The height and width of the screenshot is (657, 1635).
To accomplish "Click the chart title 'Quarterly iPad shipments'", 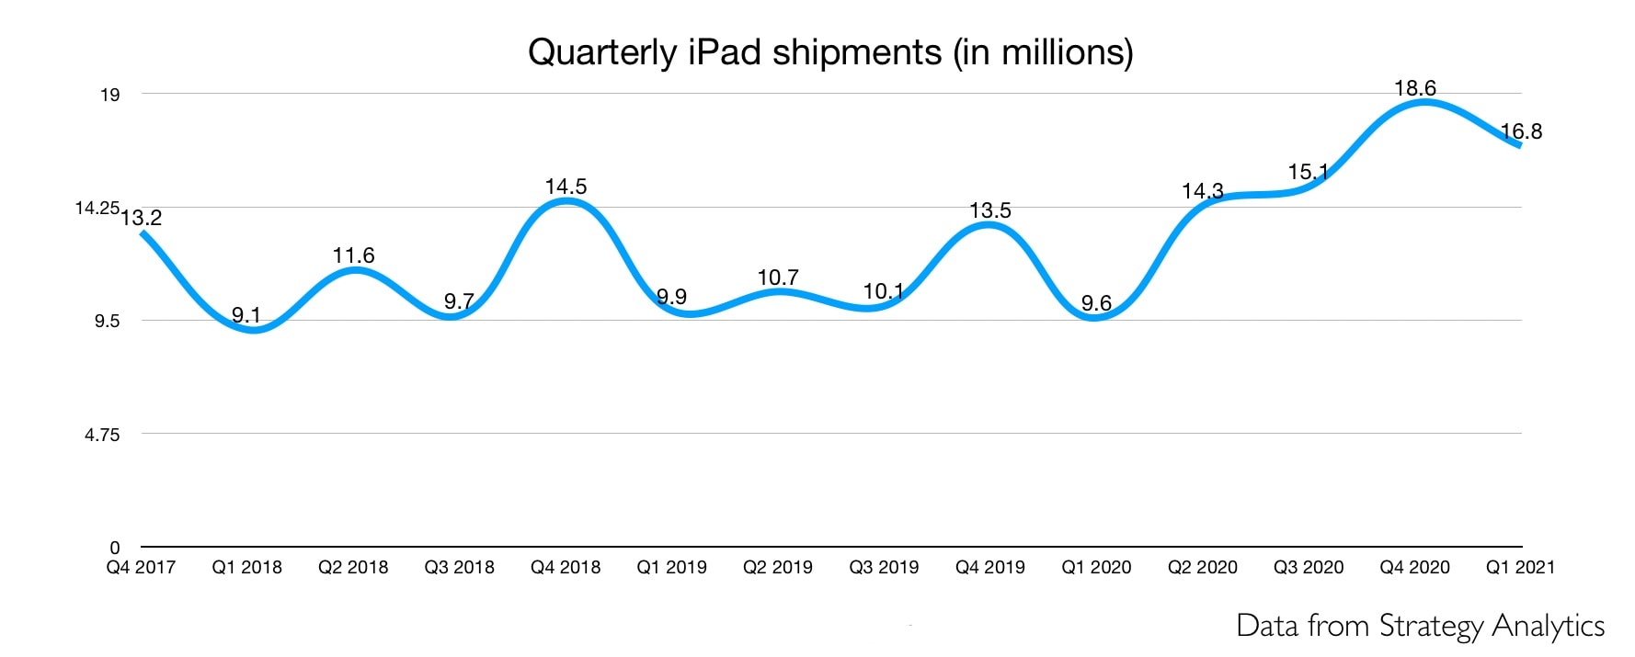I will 829,52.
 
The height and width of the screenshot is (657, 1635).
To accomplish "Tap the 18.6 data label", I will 1414,88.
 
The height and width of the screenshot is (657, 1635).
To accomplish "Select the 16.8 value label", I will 1521,131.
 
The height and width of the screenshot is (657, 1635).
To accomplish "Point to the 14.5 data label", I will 566,187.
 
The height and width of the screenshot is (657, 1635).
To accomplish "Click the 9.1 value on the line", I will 246,315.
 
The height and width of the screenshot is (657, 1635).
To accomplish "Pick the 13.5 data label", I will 989,210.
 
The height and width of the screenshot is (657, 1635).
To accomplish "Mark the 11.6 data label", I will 353,255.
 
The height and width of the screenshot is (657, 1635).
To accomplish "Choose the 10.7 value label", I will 778,277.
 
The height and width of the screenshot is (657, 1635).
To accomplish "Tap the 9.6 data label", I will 1096,303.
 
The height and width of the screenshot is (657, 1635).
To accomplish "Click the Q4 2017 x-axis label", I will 141,568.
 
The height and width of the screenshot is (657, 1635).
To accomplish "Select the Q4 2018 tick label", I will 566,568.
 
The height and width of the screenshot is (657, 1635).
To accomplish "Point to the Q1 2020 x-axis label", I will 1096,568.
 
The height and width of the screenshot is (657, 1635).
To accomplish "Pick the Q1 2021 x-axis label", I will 1520,568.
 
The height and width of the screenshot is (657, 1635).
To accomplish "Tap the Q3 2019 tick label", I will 884,568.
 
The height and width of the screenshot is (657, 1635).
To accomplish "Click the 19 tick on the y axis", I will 109,95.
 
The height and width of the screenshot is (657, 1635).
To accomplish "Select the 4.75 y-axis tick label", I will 102,435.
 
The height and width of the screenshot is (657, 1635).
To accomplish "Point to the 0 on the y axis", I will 115,549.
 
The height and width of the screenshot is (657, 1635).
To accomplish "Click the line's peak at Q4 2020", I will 1422,102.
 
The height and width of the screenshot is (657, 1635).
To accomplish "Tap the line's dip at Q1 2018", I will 253,329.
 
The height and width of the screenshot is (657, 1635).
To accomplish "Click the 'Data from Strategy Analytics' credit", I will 1420,626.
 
